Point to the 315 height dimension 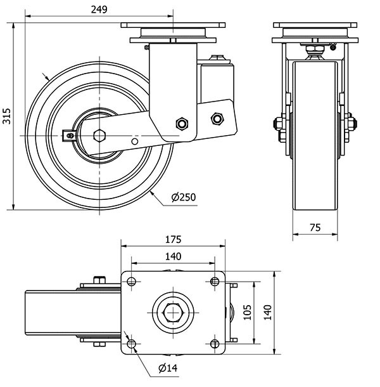tap(7, 115)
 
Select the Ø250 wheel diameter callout tap(184, 197)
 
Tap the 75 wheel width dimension tap(314, 227)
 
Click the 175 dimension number tap(173, 239)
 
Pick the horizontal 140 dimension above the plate tap(173, 256)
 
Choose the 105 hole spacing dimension tap(249, 312)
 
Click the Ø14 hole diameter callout tap(167, 368)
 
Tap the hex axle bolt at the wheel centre tap(98, 135)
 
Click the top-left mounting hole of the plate tap(131, 280)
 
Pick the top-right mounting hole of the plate tap(215, 280)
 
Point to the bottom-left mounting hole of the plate tap(131, 344)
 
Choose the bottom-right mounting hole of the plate tap(215, 344)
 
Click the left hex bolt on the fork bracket tap(182, 123)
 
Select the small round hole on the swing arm tap(134, 140)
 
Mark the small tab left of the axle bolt tap(70, 133)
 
